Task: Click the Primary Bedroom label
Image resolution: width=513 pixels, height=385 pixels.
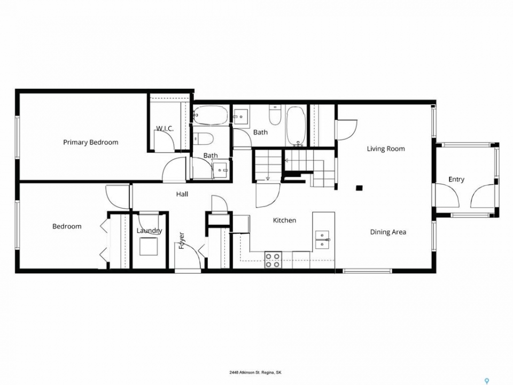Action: click(91, 142)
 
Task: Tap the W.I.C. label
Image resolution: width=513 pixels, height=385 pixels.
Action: click(165, 128)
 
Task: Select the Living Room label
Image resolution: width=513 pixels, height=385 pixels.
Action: click(386, 149)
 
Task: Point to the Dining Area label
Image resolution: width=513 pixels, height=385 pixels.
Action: click(388, 232)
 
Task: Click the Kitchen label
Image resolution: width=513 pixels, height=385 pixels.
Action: click(284, 220)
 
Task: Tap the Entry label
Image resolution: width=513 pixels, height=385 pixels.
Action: click(456, 180)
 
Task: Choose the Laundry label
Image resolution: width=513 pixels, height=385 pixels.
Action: click(149, 231)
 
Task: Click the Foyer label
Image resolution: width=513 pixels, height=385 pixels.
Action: click(182, 241)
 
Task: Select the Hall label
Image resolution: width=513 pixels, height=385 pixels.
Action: click(182, 194)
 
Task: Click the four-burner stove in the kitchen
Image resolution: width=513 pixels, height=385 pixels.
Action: click(273, 260)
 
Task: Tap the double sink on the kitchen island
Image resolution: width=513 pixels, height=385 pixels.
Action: click(322, 240)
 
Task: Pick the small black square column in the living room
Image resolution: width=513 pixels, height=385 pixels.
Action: click(359, 188)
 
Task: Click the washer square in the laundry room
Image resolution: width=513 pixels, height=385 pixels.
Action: click(149, 246)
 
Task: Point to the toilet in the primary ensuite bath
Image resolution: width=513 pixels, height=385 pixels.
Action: click(203, 139)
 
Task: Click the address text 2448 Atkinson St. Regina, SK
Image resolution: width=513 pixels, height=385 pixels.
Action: click(255, 372)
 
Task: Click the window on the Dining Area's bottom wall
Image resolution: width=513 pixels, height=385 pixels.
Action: click(367, 271)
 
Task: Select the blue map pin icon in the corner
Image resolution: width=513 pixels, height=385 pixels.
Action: click(487, 381)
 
